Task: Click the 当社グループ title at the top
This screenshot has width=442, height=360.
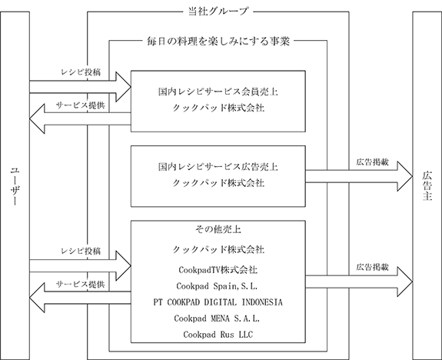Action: point(218,12)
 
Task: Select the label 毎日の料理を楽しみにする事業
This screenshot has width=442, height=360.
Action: point(218,42)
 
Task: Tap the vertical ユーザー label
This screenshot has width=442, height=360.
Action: point(15,186)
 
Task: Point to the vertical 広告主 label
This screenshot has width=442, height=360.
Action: point(427,185)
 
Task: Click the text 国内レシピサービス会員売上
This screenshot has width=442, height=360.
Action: point(218,92)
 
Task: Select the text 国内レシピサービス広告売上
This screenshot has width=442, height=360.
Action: point(218,167)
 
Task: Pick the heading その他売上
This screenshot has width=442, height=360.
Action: point(218,229)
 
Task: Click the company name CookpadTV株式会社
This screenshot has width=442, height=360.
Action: point(218,270)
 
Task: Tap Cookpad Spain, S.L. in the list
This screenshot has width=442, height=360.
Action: point(217,286)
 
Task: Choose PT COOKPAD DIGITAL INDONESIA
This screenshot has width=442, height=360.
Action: point(218,302)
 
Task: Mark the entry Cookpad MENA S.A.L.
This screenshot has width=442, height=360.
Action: point(217,318)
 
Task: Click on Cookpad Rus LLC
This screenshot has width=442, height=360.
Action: point(218,335)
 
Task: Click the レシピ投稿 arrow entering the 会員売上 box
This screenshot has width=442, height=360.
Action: point(81,87)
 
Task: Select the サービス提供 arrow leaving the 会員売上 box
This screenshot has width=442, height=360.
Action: point(81,118)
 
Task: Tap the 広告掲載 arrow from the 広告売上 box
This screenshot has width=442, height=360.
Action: point(359,176)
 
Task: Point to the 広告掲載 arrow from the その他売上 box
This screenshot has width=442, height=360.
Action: point(359,282)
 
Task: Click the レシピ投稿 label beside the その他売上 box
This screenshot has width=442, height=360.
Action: point(81,251)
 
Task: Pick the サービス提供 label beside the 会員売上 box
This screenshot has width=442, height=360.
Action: point(81,105)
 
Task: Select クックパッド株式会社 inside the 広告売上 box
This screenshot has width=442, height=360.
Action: point(218,183)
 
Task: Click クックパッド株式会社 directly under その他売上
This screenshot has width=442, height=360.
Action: point(218,249)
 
